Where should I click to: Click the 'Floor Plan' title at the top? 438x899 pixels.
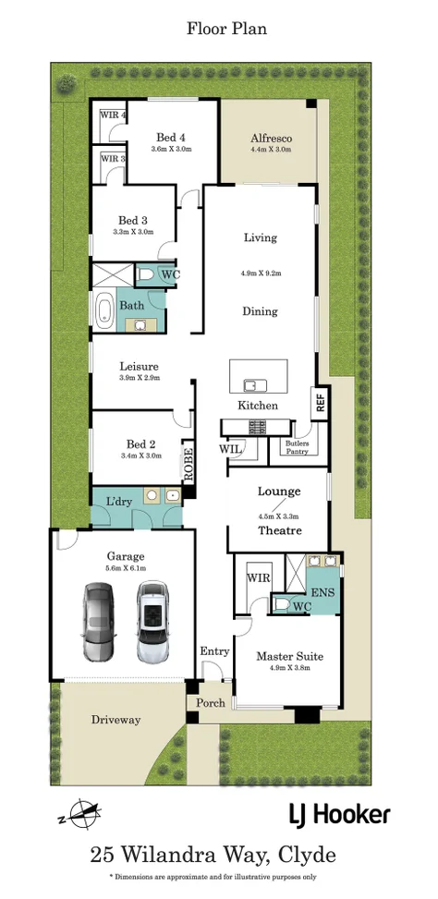[226, 29]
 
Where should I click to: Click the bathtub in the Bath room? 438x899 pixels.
[106, 309]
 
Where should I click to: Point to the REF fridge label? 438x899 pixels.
[320, 403]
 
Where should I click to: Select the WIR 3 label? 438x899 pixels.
[113, 159]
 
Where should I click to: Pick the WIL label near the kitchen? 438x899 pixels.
[230, 449]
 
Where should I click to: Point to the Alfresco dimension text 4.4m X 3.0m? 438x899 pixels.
[271, 150]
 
